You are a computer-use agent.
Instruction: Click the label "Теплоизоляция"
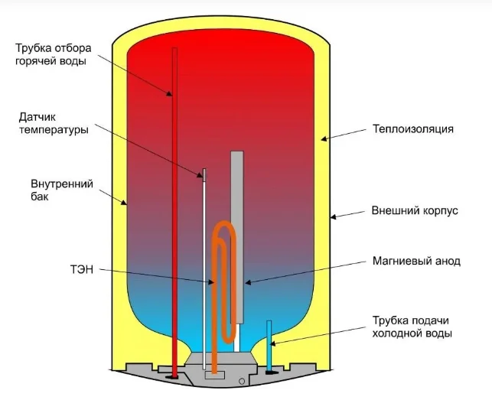pos(413,129)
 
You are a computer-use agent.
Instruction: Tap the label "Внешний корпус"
pos(415,210)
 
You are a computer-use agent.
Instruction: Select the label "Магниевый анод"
pos(416,261)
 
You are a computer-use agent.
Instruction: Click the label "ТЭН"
pos(82,269)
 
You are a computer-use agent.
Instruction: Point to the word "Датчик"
pos(37,117)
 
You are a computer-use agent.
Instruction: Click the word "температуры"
pos(54,129)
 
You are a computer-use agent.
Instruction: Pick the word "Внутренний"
pos(62,184)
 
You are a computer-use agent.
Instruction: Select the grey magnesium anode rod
pos(237,237)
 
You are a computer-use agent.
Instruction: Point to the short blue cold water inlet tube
pos(269,345)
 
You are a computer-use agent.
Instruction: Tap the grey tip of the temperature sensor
pos(204,175)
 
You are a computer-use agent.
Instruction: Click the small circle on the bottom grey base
pos(242,382)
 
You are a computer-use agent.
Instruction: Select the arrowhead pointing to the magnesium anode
pos(248,283)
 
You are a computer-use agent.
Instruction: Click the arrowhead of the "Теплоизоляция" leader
pos(324,138)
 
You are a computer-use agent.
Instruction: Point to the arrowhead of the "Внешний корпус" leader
pos(334,216)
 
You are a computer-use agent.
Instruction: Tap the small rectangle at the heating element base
pos(214,375)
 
